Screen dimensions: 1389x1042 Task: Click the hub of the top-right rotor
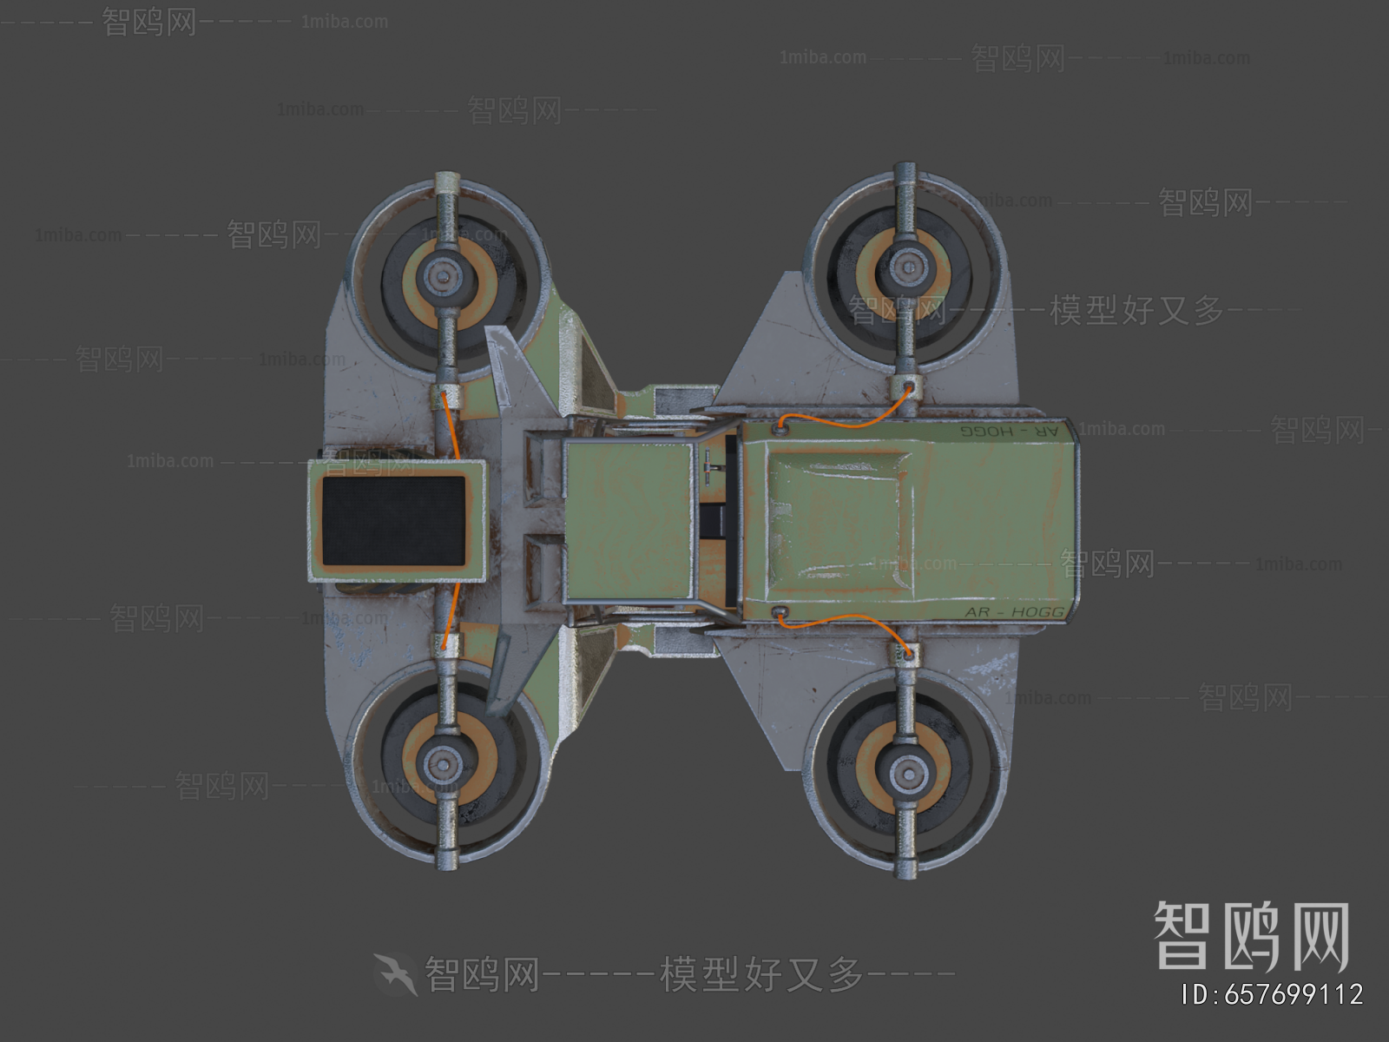pyautogui.click(x=906, y=261)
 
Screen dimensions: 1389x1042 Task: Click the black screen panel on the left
pyautogui.click(x=394, y=519)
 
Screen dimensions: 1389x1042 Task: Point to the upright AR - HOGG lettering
pyautogui.click(x=1013, y=611)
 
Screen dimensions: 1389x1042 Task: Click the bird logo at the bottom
pyautogui.click(x=396, y=974)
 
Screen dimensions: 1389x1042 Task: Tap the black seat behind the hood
pyautogui.click(x=718, y=521)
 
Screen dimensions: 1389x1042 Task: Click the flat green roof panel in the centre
pyautogui.click(x=629, y=521)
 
